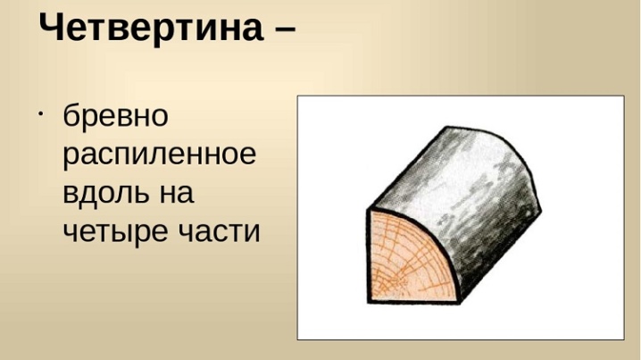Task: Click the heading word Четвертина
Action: pos(151,28)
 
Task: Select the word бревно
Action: pos(116,116)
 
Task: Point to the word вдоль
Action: pos(106,194)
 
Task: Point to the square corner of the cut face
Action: pos(369,302)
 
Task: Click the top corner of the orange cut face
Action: pos(368,210)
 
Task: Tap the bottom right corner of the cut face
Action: pos(461,303)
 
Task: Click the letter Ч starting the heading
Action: pos(53,26)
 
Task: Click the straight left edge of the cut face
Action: pos(367,256)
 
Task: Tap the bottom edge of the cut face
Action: pos(414,302)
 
